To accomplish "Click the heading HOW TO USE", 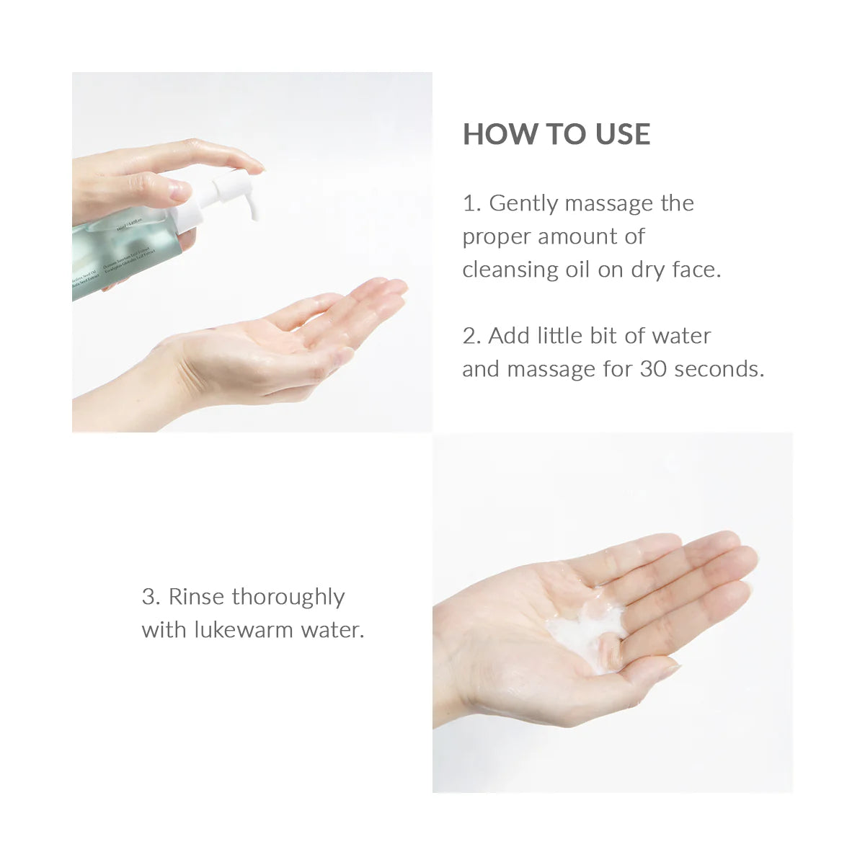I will click(556, 135).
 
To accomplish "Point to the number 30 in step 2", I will click(653, 369).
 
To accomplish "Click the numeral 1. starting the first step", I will click(471, 204).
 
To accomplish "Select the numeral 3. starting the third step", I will click(151, 598).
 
